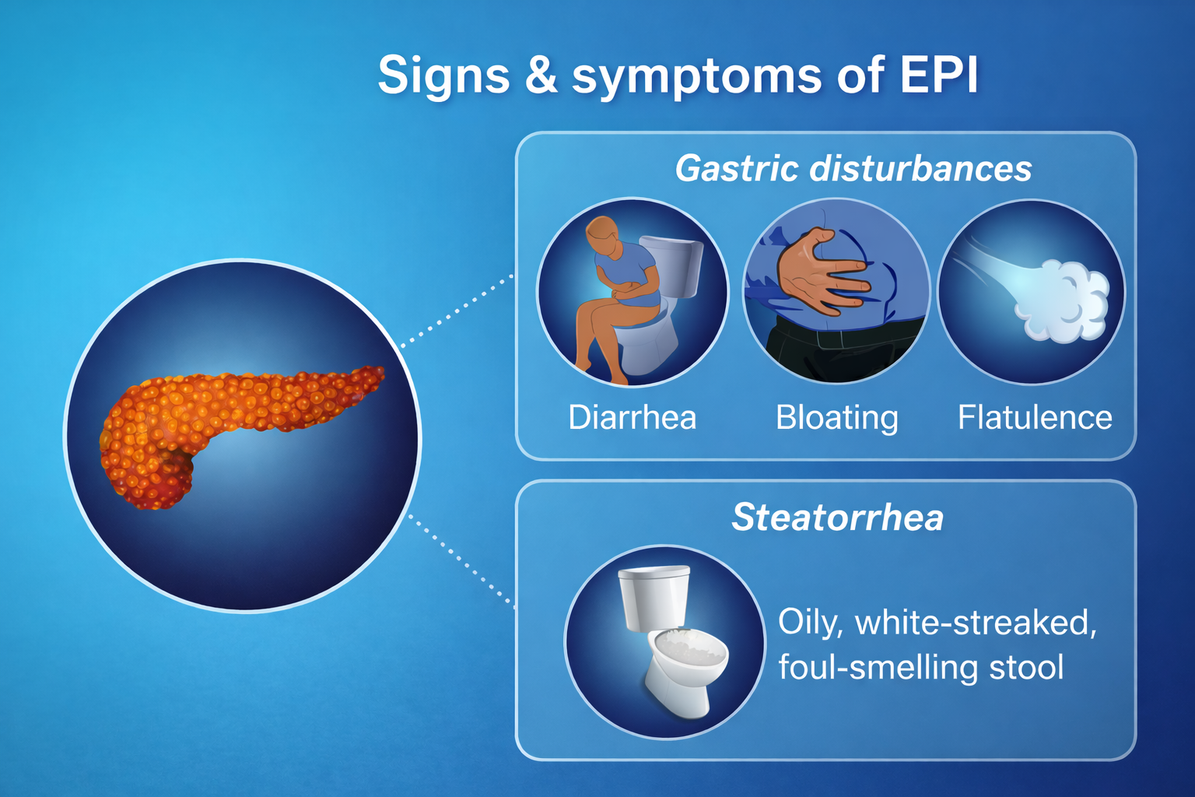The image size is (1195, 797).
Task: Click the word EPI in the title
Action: [x=938, y=75]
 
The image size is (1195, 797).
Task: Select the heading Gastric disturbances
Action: [x=853, y=169]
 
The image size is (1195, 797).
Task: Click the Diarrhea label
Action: [x=632, y=418]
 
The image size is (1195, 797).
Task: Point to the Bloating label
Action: [x=836, y=418]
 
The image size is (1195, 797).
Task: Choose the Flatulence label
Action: [x=1034, y=418]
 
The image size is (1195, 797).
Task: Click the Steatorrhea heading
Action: [x=837, y=518]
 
